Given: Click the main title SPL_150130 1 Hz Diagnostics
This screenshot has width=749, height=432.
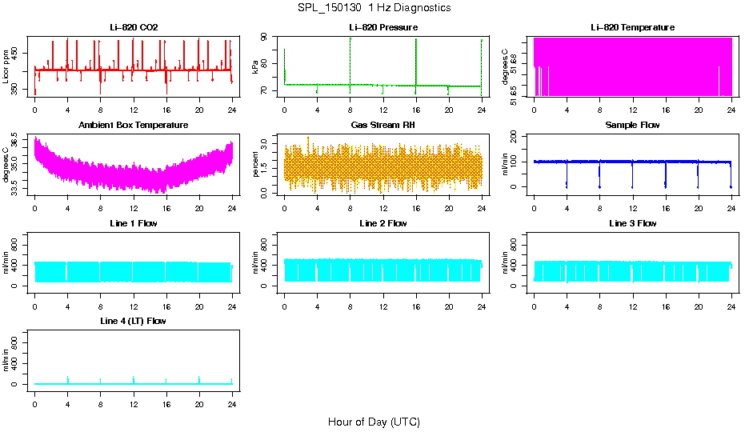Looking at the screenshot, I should (x=374, y=8).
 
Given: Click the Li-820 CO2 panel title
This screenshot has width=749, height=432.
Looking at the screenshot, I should (x=134, y=27).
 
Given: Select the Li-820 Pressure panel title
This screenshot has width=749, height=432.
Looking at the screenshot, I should (x=383, y=27).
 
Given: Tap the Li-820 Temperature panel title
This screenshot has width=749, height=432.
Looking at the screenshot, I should (x=632, y=27).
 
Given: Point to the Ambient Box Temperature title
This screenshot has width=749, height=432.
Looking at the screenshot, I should (x=134, y=125).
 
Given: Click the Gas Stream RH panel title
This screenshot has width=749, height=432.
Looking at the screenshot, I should (x=383, y=125).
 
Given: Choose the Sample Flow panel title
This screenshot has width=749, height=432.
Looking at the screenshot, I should (x=632, y=125).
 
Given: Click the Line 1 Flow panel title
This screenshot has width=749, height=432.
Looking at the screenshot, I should (x=134, y=223).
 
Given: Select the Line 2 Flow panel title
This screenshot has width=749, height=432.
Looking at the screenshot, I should (x=383, y=223).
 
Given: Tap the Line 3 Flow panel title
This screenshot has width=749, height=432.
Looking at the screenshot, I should (x=632, y=223).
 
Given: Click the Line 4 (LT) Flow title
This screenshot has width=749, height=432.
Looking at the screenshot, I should (x=134, y=321).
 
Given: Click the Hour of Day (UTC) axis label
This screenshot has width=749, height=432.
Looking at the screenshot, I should (x=374, y=422).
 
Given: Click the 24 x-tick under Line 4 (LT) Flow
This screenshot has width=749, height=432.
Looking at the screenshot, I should (x=232, y=402).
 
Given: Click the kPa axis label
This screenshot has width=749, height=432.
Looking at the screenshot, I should (x=256, y=67).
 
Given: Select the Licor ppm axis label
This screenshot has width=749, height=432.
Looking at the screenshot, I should (x=6, y=67).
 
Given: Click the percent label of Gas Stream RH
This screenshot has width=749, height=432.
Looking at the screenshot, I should (x=256, y=165).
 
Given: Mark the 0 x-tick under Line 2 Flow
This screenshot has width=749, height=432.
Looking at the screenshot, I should (x=284, y=305).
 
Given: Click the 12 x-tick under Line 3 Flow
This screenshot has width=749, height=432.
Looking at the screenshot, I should (x=632, y=305).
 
